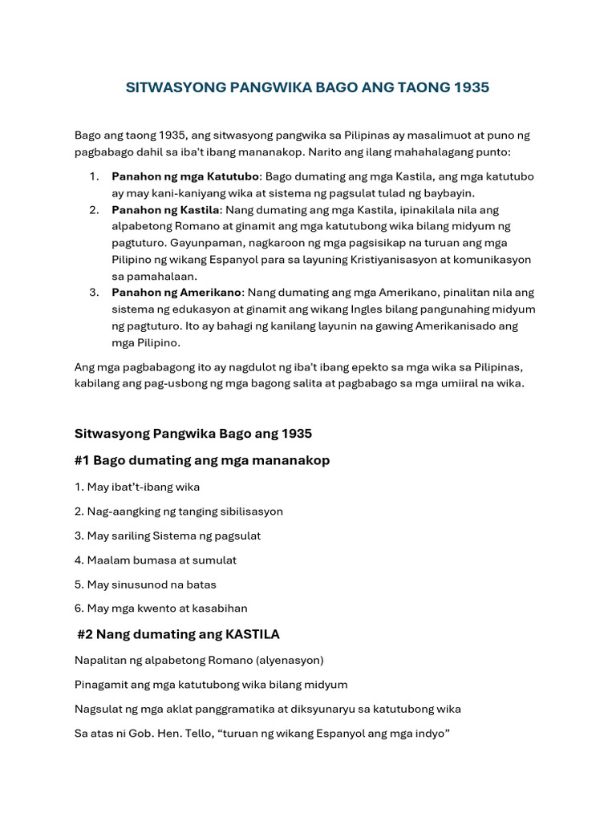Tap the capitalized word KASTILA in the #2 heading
point(253,634)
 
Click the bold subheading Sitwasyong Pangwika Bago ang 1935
point(193,433)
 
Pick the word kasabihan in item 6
point(221,609)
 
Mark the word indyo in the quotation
point(433,734)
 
